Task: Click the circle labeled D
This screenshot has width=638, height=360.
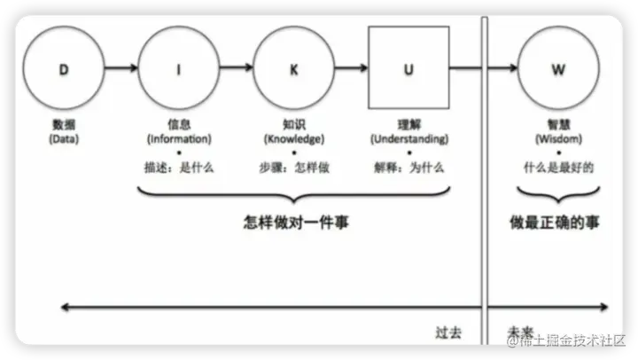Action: [x=63, y=68]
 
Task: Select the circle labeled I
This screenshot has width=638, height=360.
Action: [x=179, y=68]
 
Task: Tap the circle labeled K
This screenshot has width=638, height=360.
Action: [x=293, y=68]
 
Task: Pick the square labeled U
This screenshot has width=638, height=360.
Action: [x=408, y=68]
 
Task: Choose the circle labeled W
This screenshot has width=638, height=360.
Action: [x=557, y=68]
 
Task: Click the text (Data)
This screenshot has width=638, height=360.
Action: [x=63, y=139]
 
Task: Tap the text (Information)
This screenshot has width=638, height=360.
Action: [x=179, y=139]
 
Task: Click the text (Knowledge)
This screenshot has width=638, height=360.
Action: [x=293, y=139]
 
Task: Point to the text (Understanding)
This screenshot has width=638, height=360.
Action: [x=408, y=139]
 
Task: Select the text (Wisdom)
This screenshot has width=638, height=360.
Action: [x=557, y=139]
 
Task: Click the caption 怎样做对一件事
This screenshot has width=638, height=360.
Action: [x=295, y=223]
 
